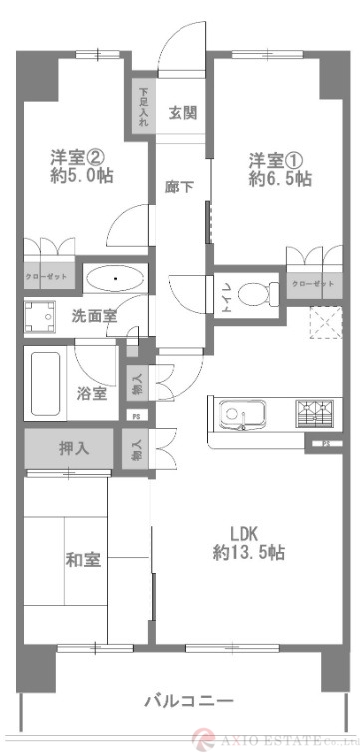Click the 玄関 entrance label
point(181,112)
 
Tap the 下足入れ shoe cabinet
point(143,107)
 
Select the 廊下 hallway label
point(180,186)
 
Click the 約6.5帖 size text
point(279,180)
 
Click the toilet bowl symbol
point(261,294)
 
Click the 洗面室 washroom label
point(93,317)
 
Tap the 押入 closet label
point(72,448)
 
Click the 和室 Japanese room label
point(85,560)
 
